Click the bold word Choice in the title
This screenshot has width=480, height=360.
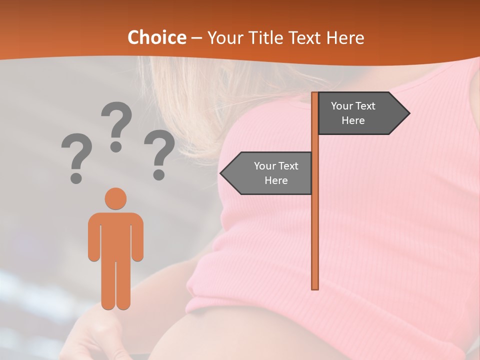tap(156, 37)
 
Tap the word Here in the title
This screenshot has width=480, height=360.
tap(345, 37)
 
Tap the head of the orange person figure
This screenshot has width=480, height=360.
tap(115, 198)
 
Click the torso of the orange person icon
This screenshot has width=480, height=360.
tap(115, 235)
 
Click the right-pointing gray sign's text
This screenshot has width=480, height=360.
tap(353, 113)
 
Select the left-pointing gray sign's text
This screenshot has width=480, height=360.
tap(275, 173)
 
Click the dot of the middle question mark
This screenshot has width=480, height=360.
tap(116, 146)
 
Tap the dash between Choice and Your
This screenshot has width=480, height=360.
tap(196, 38)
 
